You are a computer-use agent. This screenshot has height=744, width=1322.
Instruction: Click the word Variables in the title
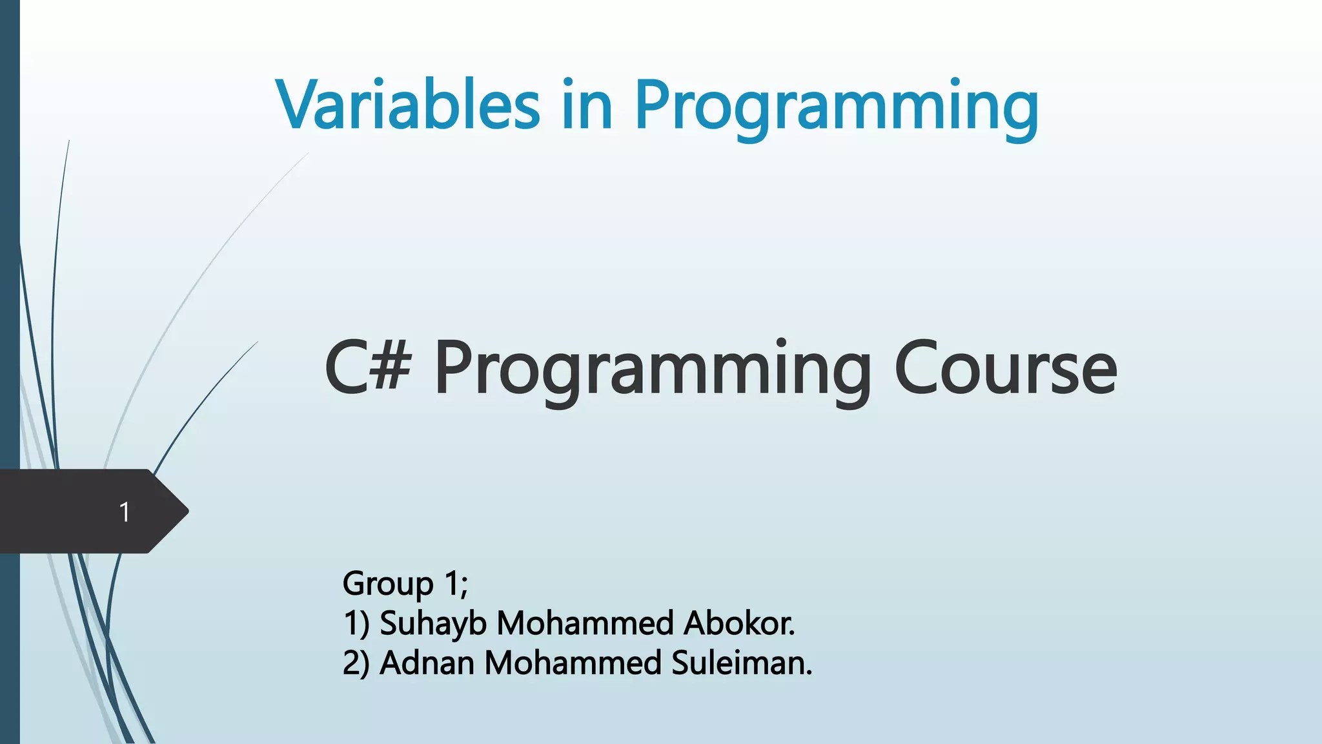pos(408,103)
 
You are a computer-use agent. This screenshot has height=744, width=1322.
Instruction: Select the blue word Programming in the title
pos(837,108)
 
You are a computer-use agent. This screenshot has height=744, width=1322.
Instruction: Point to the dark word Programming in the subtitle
pos(653,373)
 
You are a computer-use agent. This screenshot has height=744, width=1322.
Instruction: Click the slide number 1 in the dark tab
pos(125,512)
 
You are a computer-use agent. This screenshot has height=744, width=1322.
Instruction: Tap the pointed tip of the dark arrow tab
pos(188,512)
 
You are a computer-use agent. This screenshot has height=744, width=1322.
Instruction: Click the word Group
pos(388,585)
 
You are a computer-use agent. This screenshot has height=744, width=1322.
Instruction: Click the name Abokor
pos(739,624)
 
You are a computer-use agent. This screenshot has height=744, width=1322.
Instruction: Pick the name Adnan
pos(427,663)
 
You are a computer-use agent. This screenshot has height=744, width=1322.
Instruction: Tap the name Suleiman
pos(742,663)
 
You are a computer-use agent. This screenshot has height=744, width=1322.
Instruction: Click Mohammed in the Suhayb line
pos(585,624)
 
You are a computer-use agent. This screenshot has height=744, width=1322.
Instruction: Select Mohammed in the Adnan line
pos(573,663)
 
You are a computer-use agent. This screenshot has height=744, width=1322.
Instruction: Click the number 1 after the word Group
pos(451,584)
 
